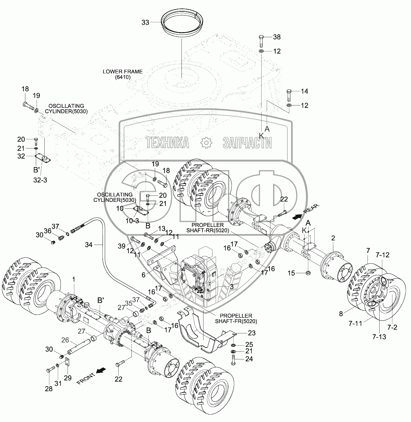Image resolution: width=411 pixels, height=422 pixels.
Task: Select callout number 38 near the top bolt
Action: click(x=277, y=37)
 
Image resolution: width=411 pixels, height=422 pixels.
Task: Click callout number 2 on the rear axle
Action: click(x=333, y=238)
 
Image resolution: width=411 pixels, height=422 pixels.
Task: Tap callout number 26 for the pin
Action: click(x=65, y=339)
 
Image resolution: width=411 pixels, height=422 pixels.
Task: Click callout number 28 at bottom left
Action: click(x=49, y=389)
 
